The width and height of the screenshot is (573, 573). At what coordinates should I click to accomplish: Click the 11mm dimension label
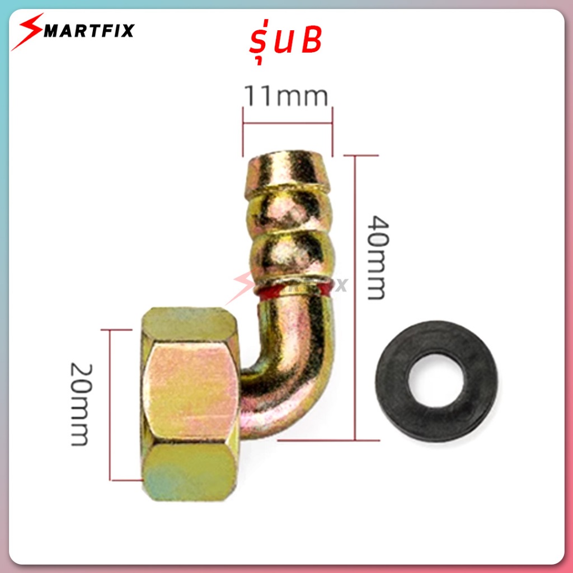pyautogui.click(x=286, y=96)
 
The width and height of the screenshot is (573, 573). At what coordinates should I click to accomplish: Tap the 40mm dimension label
pyautogui.click(x=378, y=257)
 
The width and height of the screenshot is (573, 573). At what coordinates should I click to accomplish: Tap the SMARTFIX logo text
pyautogui.click(x=89, y=31)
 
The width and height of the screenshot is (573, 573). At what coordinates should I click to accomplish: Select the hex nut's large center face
pyautogui.click(x=191, y=393)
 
